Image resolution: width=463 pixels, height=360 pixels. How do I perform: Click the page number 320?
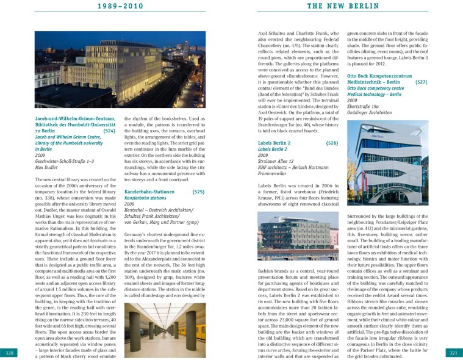coord(10,353)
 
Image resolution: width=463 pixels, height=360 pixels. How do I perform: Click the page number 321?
coord(453,353)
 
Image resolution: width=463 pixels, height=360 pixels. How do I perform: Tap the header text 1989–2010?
coord(120,6)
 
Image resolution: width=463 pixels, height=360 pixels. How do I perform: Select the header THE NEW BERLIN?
coord(342,6)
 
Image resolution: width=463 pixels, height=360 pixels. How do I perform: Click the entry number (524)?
coord(109,131)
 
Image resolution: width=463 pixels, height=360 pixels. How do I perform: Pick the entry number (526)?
coord(332,143)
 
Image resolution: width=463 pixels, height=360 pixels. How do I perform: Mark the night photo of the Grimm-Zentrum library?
coord(120,70)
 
